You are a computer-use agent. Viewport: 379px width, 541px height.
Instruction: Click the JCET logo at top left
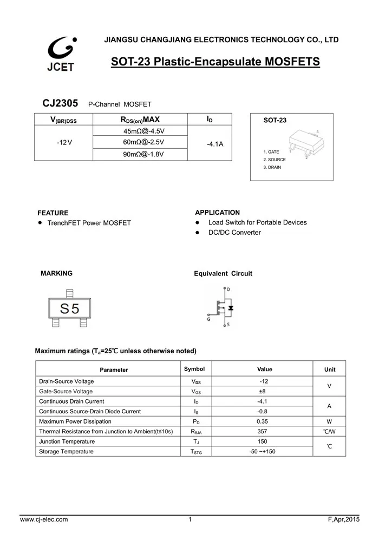click(61, 54)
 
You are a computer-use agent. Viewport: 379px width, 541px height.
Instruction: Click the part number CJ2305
click(60, 103)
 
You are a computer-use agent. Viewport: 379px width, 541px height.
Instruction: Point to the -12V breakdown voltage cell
click(64, 142)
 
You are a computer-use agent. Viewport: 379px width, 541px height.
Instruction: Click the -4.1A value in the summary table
click(215, 144)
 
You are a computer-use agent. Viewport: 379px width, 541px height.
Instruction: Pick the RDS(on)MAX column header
click(140, 120)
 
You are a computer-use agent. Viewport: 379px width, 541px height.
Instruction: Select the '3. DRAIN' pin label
click(272, 167)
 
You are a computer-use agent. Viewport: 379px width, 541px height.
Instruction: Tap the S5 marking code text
click(69, 308)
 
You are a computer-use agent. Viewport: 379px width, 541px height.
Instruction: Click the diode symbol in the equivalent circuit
click(231, 308)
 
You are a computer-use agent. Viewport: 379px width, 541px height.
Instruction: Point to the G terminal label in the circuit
click(208, 320)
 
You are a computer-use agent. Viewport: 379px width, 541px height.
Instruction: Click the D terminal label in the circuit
click(228, 289)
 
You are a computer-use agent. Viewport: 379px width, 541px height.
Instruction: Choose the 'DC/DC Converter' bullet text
click(234, 233)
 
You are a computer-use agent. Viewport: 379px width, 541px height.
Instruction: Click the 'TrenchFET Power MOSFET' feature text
click(89, 223)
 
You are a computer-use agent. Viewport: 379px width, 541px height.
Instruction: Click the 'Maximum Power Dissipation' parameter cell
click(75, 421)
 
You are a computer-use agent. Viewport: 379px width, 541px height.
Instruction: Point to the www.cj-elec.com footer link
click(44, 520)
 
